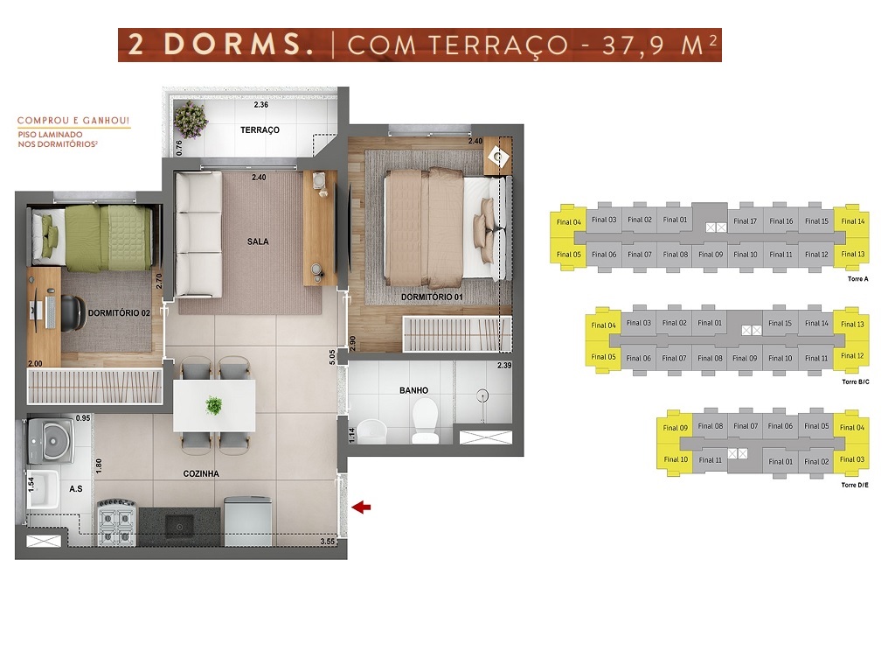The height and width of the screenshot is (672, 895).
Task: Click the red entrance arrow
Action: [x=361, y=507]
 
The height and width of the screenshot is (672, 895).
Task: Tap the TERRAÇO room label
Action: [x=260, y=130]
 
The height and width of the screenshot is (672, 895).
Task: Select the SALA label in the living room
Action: [x=258, y=241]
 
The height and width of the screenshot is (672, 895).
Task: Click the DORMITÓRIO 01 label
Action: [x=432, y=297]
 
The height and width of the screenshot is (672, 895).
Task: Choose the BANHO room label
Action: [x=413, y=391]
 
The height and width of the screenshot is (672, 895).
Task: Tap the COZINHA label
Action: [x=201, y=473]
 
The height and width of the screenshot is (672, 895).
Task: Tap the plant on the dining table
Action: [x=213, y=406]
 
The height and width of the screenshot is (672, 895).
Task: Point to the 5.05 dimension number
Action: [x=332, y=356]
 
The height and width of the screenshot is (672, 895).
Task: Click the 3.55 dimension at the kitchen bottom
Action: [x=328, y=542]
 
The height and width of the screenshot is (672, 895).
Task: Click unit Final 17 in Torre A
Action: [x=745, y=221]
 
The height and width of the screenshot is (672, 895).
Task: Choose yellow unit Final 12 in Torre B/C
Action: [x=852, y=356]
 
